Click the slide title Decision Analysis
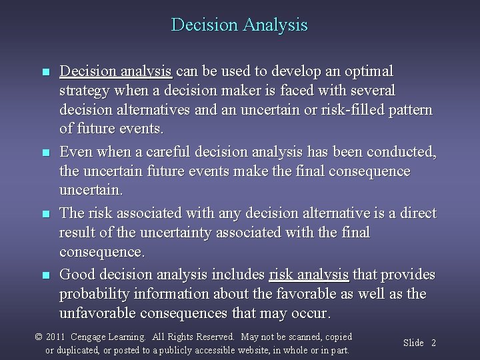coord(239,25)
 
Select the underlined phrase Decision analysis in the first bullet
coord(116,71)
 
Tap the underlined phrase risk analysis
coord(309,275)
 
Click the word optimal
coord(369,71)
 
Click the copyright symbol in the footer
coord(39,337)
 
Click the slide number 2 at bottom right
coord(433,343)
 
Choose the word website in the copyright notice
coord(254,350)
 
